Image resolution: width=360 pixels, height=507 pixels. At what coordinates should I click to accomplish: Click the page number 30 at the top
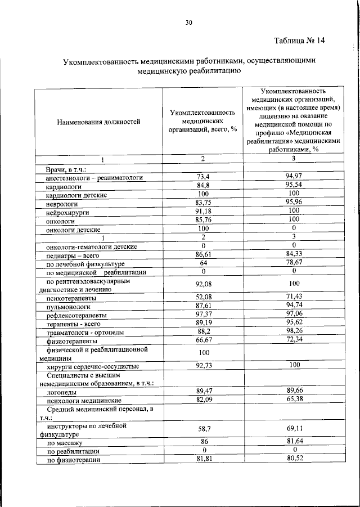pos(188,23)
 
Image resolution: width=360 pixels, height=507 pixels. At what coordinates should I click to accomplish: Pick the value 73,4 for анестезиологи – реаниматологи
pos(203,178)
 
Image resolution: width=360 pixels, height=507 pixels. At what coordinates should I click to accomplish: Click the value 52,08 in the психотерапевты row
pos(203,298)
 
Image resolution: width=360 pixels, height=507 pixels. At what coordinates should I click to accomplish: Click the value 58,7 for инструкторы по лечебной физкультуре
pos(203,429)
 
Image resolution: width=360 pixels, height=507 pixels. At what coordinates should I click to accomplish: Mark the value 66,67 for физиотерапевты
pos(203,341)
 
